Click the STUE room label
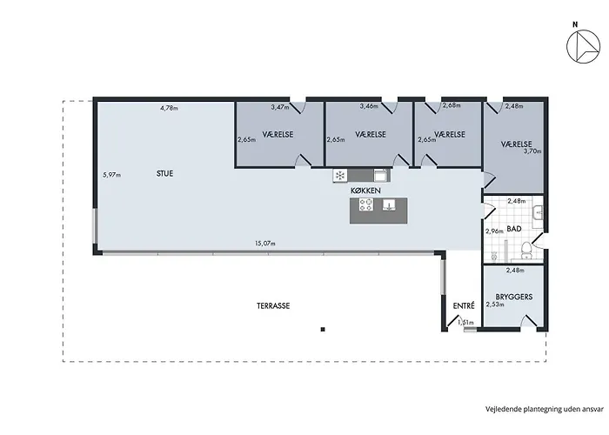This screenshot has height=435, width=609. coord(164,174)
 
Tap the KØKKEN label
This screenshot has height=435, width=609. coord(365,191)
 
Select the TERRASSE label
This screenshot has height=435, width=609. coord(273,305)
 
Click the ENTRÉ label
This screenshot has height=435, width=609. coord(464,305)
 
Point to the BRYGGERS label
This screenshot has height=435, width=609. coord(514,297)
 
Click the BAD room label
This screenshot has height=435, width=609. coord(514,229)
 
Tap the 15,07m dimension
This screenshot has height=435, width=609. coord(265,244)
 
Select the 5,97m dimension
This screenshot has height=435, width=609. coord(112,175)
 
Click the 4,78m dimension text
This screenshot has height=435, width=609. coord(169,108)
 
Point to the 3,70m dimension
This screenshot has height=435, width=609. coord(532,151)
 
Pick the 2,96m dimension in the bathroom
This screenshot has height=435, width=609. coord(494,231)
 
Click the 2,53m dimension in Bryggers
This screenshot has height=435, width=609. coord(495,304)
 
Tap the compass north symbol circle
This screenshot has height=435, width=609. coord(584,46)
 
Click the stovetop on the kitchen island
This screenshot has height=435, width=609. coord(366,204)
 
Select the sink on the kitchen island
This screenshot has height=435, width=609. coord(389,204)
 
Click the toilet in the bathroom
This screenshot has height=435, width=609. coord(526,250)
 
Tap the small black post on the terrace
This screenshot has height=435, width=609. coord(323,330)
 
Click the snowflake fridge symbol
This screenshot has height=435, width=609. coord(340,176)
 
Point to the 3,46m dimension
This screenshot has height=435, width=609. coord(369,105)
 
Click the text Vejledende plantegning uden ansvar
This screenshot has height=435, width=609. coord(544,409)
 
